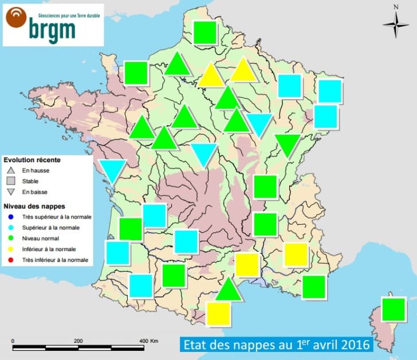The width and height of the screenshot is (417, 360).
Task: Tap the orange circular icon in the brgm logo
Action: (16, 19)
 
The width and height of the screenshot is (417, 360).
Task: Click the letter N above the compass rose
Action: (396, 7)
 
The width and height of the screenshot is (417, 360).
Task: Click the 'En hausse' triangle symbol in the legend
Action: (11, 170)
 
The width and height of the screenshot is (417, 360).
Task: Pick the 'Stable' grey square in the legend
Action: (11, 181)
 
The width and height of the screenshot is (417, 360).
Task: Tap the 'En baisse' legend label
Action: (34, 192)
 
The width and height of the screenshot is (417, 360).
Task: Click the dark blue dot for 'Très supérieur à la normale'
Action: (11, 217)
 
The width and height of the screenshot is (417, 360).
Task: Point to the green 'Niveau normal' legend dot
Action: (11, 238)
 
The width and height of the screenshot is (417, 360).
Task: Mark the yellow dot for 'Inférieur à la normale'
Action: (11, 249)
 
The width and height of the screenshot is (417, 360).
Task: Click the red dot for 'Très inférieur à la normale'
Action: (11, 260)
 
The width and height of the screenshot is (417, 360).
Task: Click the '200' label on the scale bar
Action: (78, 341)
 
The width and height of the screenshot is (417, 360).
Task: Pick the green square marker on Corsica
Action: (394, 310)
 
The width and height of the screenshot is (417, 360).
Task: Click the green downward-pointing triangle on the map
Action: (287, 144)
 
